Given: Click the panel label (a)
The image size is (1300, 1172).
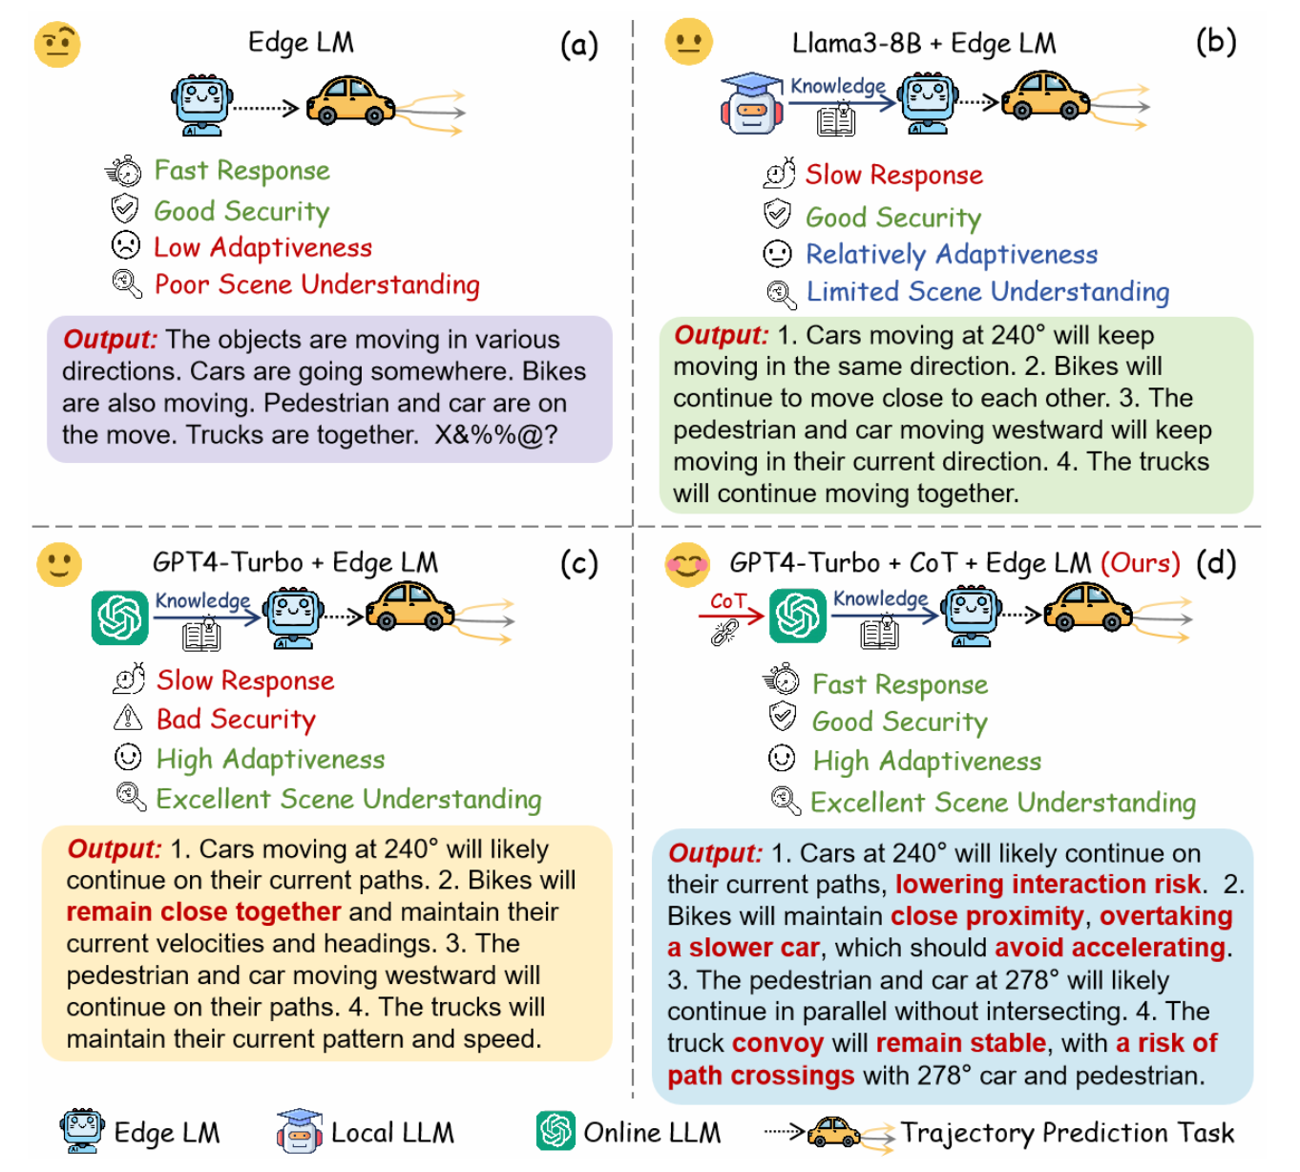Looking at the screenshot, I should [x=578, y=45].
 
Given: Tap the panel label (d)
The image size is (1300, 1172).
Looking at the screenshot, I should [x=1216, y=563].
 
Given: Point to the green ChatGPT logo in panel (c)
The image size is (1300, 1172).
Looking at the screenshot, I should [x=120, y=617].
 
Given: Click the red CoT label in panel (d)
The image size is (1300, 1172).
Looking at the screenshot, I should [x=727, y=601].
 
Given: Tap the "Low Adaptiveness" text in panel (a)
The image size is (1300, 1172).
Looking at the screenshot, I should [x=262, y=248].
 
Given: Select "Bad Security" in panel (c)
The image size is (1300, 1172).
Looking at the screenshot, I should [x=236, y=719].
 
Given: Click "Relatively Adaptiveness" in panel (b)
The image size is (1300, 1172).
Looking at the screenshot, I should [x=952, y=255].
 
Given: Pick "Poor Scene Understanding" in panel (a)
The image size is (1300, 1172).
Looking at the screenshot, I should [x=317, y=284].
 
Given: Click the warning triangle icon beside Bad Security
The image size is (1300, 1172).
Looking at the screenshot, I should [x=128, y=718].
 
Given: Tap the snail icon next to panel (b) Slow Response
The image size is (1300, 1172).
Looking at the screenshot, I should [x=779, y=174].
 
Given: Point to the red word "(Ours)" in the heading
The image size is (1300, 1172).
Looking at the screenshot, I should [x=1141, y=563].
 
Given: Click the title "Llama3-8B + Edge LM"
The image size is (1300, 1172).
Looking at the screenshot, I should [x=923, y=44].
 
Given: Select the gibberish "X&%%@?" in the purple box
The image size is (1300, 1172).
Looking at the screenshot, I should [x=496, y=435].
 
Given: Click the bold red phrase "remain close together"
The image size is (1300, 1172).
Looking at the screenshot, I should [x=203, y=912].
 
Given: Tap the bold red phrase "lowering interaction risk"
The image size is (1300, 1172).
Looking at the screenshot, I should [x=1047, y=885].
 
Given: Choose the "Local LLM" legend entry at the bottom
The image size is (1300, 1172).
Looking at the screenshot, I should [x=392, y=1133].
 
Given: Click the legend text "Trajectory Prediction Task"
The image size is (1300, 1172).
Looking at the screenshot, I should [x=1067, y=1133].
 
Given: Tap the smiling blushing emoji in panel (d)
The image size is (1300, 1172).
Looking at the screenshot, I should [x=687, y=564].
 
